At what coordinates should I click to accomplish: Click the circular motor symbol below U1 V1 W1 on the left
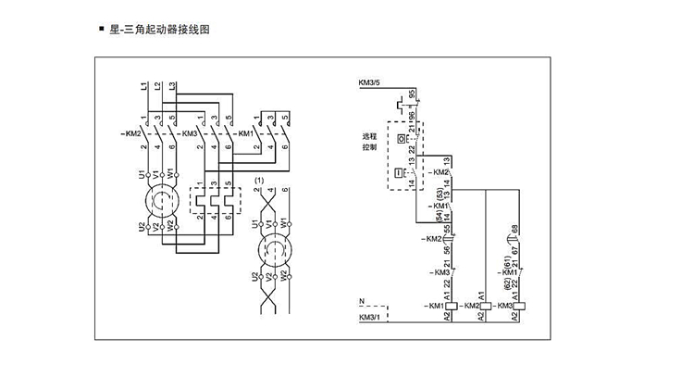click(x=155, y=201)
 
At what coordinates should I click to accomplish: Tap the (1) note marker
click(x=260, y=179)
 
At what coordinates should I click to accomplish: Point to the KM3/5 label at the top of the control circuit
click(x=369, y=83)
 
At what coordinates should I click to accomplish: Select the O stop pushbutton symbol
click(x=402, y=138)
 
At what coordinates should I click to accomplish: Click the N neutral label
click(x=361, y=301)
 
